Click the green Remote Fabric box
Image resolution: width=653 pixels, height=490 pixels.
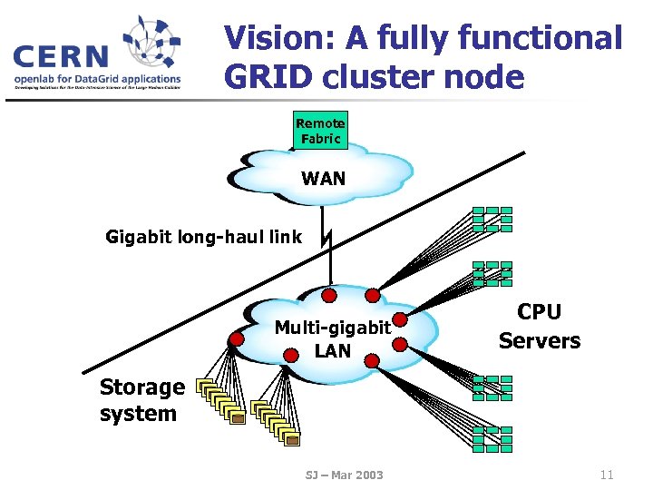click(320, 131)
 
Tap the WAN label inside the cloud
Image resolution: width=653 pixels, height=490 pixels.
click(323, 178)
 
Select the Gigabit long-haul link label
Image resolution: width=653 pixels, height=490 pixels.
click(203, 238)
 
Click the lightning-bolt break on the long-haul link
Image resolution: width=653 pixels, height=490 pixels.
click(326, 240)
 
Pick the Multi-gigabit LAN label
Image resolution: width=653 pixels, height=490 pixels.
click(332, 338)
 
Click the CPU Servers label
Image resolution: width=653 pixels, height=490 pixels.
click(539, 326)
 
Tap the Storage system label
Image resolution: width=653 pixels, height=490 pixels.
click(141, 400)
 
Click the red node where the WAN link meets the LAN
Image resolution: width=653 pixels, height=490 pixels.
click(330, 295)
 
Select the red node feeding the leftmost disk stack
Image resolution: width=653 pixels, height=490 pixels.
click(237, 339)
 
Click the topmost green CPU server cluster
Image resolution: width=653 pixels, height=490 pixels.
click(492, 219)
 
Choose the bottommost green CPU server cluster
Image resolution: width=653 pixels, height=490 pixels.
click(492, 438)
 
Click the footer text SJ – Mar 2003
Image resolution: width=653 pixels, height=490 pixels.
click(344, 475)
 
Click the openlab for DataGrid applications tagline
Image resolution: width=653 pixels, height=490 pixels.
click(97, 79)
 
